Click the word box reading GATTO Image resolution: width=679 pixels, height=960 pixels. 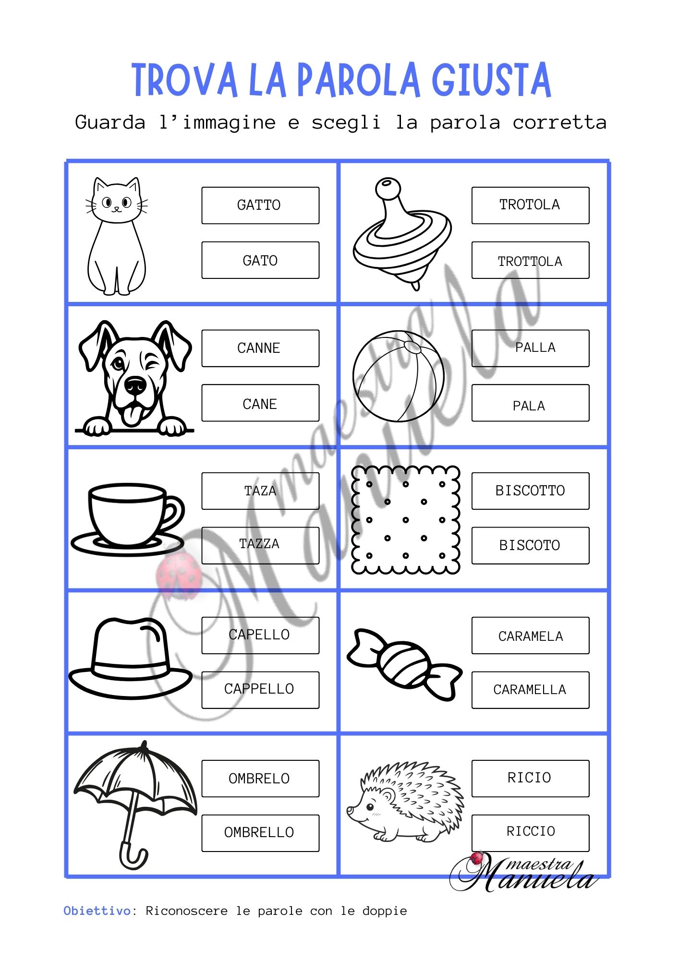[x=260, y=205]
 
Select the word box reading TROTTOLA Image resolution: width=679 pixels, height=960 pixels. [x=530, y=260]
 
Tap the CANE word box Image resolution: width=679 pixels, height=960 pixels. [x=260, y=403]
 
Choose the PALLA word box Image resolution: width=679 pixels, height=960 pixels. [x=530, y=348]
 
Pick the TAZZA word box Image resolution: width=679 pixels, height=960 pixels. [x=260, y=545]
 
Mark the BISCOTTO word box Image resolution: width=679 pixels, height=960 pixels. [x=530, y=491]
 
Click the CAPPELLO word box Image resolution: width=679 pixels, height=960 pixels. [x=260, y=690]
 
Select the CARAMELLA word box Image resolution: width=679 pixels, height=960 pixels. [x=530, y=690]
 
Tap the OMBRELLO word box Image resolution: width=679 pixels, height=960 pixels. [x=260, y=833]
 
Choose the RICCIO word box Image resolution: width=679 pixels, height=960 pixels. [x=530, y=833]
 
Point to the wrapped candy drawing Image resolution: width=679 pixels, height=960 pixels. [x=404, y=664]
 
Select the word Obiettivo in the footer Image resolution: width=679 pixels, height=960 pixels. [x=97, y=911]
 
